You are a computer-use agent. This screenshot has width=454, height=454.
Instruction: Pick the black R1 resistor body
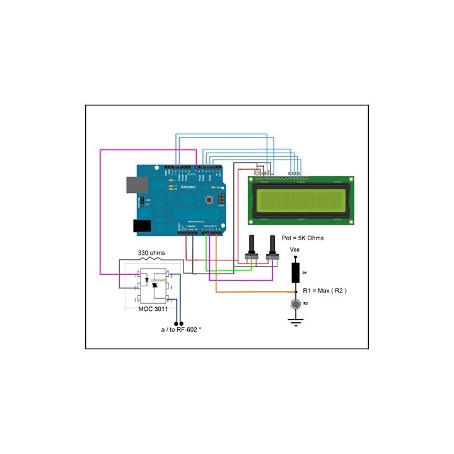(x=295, y=273)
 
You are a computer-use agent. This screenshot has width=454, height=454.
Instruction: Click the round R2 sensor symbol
(x=295, y=304)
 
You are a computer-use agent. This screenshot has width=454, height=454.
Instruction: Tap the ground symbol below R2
(x=295, y=321)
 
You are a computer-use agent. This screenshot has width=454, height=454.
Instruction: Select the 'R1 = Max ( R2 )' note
(x=325, y=291)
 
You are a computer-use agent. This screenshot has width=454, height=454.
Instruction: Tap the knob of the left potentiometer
(x=253, y=243)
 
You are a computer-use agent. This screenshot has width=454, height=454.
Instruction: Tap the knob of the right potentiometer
(x=273, y=243)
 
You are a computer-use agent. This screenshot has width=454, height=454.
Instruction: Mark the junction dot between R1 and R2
(x=295, y=293)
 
